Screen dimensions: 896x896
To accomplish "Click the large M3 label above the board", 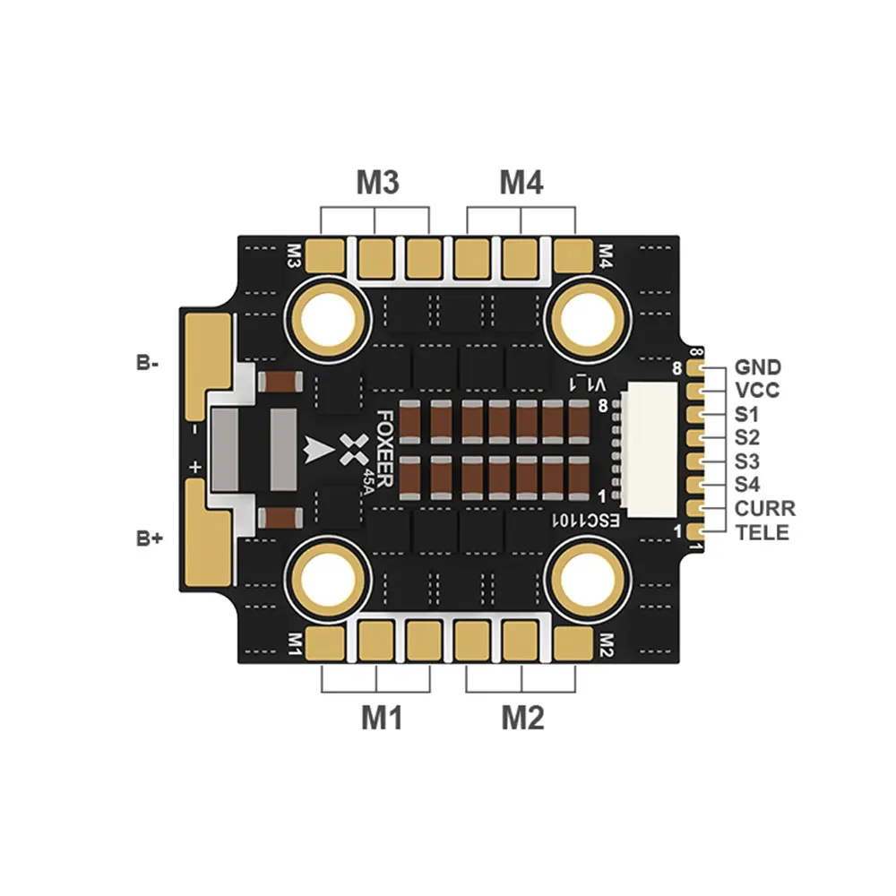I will click(377, 183).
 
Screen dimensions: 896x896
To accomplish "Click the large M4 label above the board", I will click(521, 183).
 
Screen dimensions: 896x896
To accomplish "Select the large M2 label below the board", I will click(523, 718).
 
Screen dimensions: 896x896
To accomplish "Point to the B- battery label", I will click(148, 364).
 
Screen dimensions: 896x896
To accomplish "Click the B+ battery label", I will click(148, 538).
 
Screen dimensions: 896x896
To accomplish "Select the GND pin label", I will click(757, 367).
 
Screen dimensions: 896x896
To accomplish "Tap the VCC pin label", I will click(757, 391).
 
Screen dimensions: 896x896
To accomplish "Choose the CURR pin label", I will click(764, 509).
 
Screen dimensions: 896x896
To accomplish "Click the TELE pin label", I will click(762, 532).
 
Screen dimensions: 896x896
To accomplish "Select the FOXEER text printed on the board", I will click(383, 448).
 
